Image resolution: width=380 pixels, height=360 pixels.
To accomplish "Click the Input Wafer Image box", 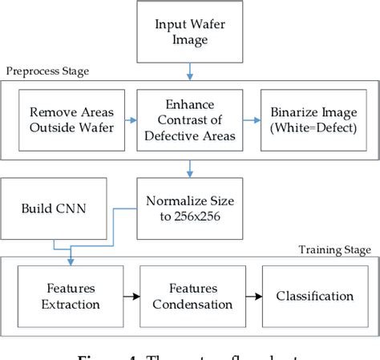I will pyautogui.click(x=190, y=31).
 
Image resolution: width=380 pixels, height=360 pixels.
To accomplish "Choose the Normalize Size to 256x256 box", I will pyautogui.click(x=190, y=210).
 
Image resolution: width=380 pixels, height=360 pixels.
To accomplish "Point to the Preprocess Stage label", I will pyautogui.click(x=47, y=71).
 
